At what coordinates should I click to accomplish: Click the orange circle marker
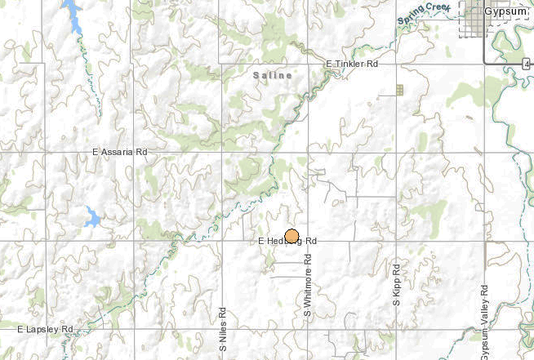291,235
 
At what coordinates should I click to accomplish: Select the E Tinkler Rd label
353,64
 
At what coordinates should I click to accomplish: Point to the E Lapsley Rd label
46,329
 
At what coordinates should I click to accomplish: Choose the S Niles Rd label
222,323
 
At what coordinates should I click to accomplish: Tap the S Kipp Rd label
396,285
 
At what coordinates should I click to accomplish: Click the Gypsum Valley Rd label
484,322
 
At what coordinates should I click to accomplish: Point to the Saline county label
270,75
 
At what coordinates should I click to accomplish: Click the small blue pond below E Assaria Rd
91,218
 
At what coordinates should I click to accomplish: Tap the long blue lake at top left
73,16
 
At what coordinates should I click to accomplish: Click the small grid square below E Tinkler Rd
399,90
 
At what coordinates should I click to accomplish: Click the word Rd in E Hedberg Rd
310,242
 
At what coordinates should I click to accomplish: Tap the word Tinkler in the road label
351,64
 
